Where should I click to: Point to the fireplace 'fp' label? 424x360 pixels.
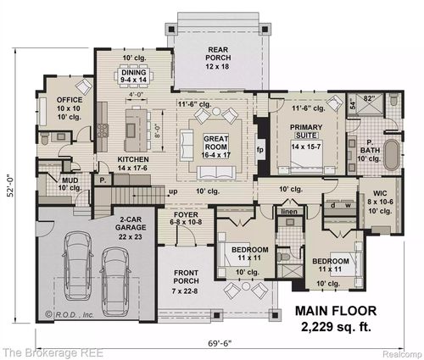[261, 150]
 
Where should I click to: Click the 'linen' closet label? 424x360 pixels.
[290, 210]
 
